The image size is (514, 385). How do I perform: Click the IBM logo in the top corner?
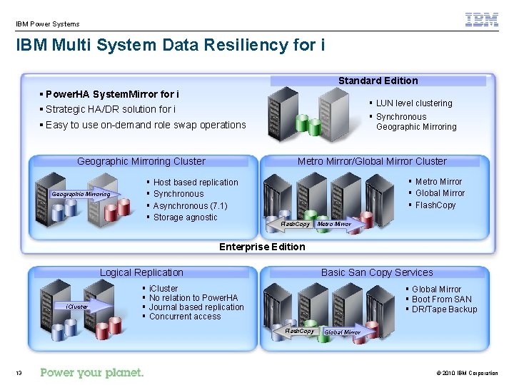(482, 20)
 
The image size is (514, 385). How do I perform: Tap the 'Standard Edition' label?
(378, 81)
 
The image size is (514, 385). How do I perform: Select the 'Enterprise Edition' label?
(262, 247)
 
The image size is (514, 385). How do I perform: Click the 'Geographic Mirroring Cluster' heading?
(141, 161)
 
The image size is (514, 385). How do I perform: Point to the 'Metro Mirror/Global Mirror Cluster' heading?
(372, 161)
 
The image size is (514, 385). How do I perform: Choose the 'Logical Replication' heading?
(141, 272)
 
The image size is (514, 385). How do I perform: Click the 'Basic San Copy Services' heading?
(377, 272)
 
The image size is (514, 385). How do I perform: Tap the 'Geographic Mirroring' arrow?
(82, 194)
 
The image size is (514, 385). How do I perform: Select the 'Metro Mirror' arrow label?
(336, 224)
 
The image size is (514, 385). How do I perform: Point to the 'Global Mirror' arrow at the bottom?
(344, 332)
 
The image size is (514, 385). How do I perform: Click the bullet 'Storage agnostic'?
(185, 217)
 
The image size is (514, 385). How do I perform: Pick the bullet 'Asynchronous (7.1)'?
(190, 206)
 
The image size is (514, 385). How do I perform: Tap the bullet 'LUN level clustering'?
(414, 103)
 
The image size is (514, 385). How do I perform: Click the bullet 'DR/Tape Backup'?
(444, 309)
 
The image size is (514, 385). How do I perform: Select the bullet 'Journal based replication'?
(196, 307)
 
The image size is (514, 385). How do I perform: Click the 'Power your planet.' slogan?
(92, 372)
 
